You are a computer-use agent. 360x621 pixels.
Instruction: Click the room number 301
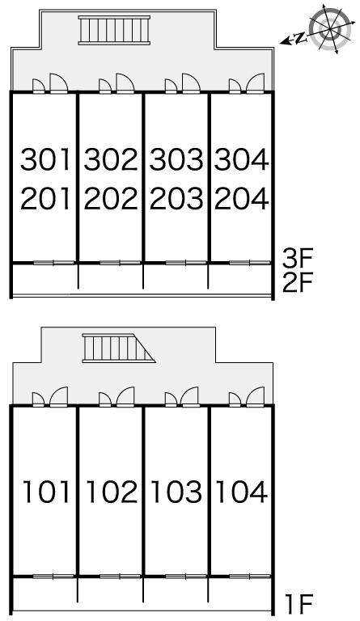(45, 159)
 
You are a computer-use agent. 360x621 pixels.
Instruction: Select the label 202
(111, 198)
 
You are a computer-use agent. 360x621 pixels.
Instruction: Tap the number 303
(176, 159)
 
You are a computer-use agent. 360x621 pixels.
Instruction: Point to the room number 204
(242, 198)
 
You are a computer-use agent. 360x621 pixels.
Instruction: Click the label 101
(46, 492)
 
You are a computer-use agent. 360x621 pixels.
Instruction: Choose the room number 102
(112, 492)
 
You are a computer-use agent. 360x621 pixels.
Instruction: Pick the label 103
(177, 492)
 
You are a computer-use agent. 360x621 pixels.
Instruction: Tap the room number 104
(242, 492)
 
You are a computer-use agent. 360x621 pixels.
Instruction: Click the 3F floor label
(298, 259)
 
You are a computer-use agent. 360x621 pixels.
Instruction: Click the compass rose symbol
(330, 28)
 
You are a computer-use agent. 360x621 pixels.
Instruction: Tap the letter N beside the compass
(301, 38)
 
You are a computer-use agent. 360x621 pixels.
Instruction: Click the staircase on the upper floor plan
(114, 30)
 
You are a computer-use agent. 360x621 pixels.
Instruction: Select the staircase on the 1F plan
(118, 349)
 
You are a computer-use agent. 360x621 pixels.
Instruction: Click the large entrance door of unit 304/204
(255, 83)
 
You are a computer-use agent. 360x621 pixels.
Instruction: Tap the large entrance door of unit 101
(58, 397)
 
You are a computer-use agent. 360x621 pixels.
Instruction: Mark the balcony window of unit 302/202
(120, 263)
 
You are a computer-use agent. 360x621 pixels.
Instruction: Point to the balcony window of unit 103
(186, 577)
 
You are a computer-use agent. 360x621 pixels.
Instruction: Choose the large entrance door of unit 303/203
(191, 83)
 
